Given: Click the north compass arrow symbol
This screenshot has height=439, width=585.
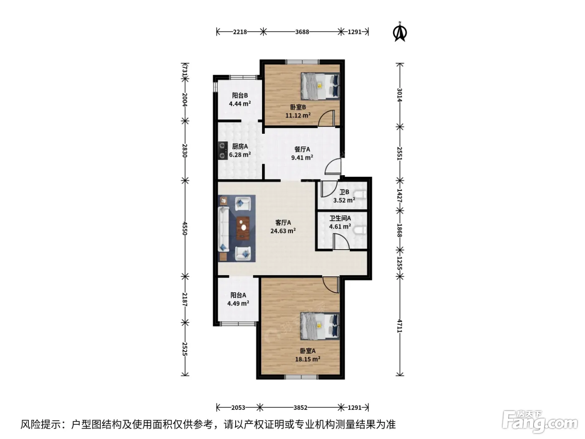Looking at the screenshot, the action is point(400,32).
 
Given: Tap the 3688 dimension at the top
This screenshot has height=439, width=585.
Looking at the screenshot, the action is point(302,32).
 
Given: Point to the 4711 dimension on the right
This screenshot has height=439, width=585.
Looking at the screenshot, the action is point(399,326).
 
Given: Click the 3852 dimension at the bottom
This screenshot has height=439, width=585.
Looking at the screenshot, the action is point(300,408).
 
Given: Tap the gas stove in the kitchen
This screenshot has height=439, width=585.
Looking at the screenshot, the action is point(223,151).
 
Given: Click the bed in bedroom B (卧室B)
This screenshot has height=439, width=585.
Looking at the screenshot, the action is point(320,86).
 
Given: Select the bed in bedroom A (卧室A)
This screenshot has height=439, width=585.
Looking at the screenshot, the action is point(320,326).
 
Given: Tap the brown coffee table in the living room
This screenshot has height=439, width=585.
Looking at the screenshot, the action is point(243,227).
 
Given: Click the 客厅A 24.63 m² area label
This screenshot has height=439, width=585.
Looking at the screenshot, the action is point(283,227).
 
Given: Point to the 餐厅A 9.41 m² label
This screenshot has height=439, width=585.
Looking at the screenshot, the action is point(302,153).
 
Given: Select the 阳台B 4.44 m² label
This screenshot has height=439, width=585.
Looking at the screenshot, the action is point(240,100).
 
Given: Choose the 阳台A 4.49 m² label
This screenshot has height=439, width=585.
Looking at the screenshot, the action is point(238,299).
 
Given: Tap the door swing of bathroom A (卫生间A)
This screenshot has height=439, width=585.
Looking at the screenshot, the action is point(341,242).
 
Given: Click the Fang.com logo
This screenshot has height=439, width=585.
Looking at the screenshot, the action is point(540,421).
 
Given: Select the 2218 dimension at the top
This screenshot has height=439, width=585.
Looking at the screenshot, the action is point(240,32).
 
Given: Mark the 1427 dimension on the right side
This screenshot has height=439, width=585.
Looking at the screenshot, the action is point(399,196).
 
